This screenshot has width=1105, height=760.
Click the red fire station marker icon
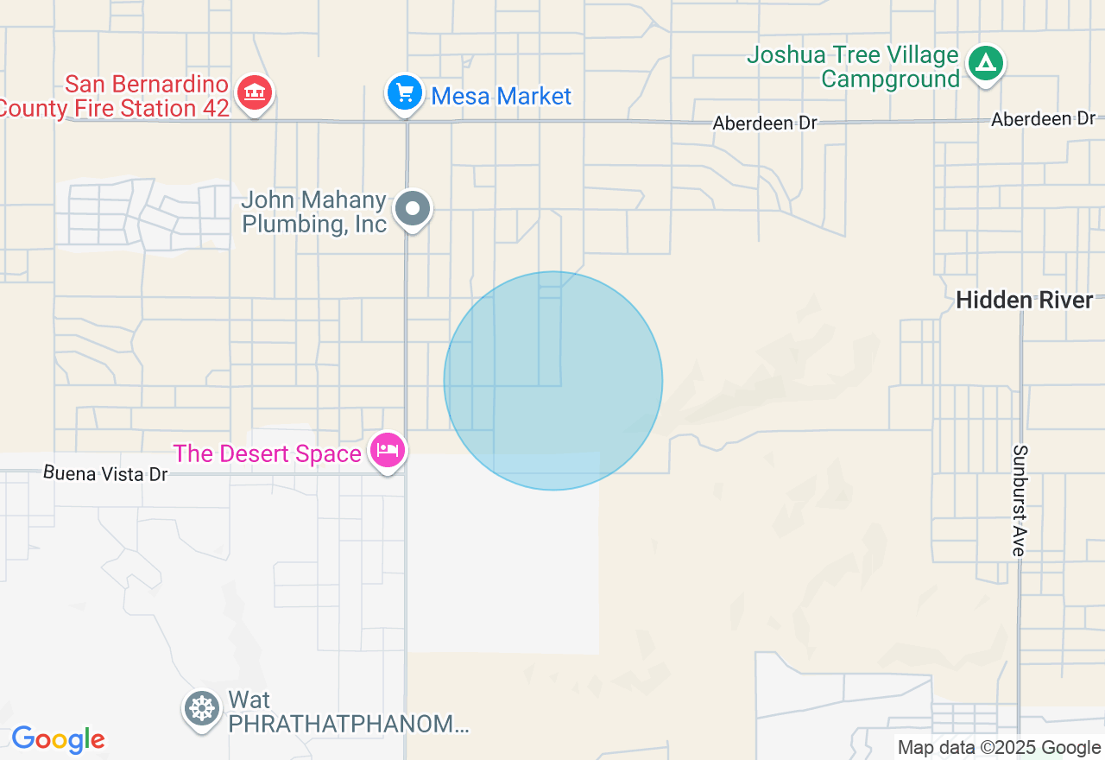(254, 92)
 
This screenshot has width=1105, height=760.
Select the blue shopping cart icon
(405, 92)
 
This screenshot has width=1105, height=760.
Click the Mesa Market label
(501, 96)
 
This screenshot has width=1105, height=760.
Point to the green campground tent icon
(985, 63)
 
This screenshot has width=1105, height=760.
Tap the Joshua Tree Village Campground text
(853, 67)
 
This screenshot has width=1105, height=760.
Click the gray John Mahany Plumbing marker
(413, 209)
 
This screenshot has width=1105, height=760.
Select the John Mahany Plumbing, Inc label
(314, 212)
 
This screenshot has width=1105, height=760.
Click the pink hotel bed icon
(388, 450)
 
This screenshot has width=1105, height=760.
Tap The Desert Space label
(267, 453)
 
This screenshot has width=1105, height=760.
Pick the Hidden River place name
(1025, 301)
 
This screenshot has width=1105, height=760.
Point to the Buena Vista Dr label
(105, 473)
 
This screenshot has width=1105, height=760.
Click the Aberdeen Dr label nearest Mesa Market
(765, 123)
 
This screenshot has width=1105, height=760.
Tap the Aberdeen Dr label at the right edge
(1043, 119)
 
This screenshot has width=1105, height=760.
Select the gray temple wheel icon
(202, 708)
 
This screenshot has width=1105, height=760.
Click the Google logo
(58, 739)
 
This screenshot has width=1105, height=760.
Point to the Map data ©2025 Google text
(999, 748)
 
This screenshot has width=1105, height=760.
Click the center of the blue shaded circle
(553, 381)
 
